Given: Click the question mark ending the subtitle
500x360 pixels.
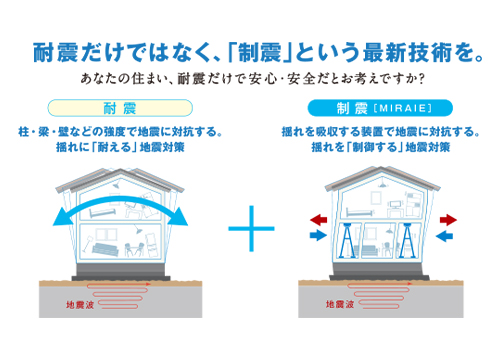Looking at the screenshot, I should [427, 78].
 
